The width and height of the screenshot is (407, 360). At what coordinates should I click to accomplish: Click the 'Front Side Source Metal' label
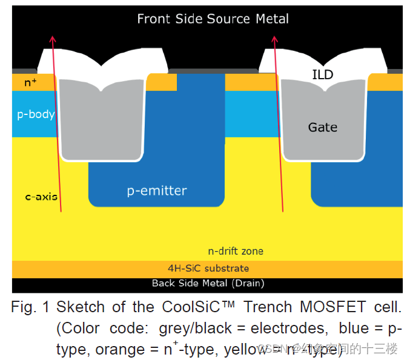(213, 19)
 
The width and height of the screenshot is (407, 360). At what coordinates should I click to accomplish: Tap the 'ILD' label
(323, 75)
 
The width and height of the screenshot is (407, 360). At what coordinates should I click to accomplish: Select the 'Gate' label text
(322, 127)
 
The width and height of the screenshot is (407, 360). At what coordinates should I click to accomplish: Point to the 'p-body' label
(36, 114)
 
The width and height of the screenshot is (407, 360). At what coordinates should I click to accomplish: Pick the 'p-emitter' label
(157, 191)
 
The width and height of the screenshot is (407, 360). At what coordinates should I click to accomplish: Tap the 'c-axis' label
(41, 196)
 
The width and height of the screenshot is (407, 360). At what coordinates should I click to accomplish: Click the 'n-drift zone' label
(236, 250)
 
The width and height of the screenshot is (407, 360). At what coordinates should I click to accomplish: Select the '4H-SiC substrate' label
(208, 268)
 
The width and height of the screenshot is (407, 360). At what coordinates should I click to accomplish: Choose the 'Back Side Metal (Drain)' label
(208, 283)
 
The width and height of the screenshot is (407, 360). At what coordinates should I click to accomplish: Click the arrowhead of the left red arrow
(52, 40)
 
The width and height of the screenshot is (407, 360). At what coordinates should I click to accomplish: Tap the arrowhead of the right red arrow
(274, 40)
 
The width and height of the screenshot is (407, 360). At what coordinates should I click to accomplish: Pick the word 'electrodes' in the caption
(288, 329)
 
